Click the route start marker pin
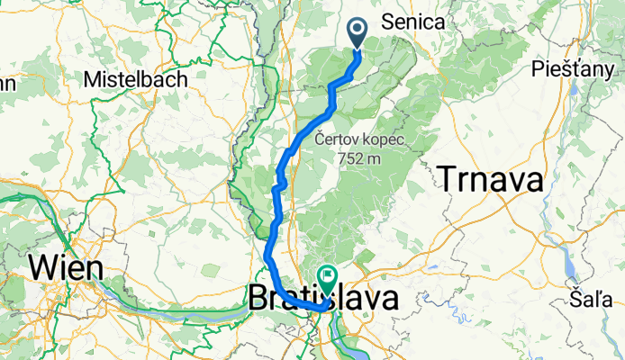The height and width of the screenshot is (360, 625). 357,33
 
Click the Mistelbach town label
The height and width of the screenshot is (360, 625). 135,79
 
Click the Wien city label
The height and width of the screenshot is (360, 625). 66,267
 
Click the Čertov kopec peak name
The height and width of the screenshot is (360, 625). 359,140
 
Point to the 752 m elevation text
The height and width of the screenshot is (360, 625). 359,158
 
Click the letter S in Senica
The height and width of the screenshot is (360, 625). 388,22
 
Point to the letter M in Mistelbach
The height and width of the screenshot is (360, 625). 91,79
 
